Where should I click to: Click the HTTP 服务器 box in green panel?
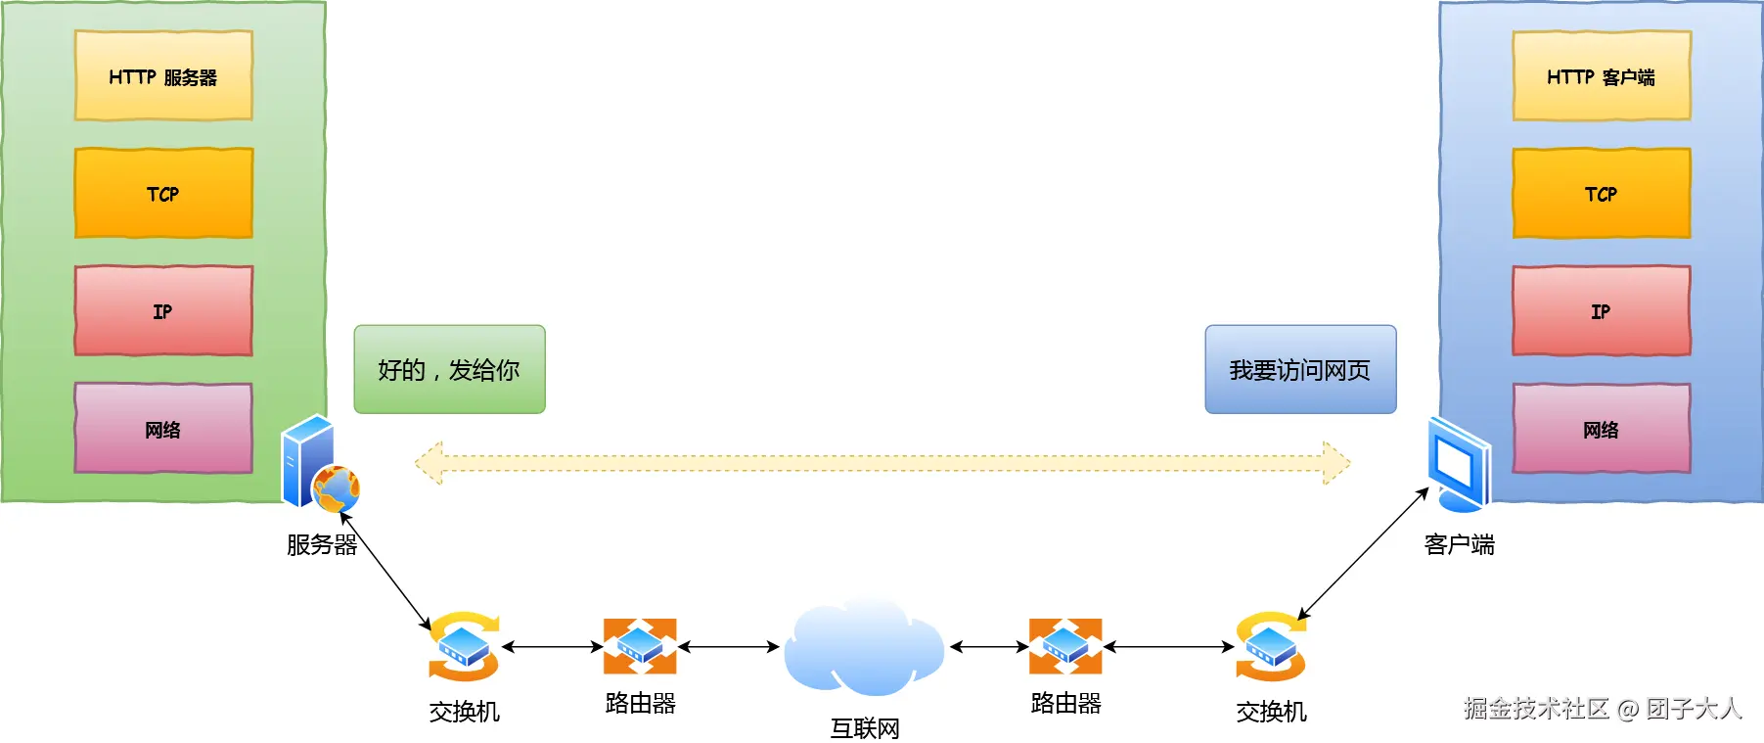pos(163,76)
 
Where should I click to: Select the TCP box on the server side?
pos(163,193)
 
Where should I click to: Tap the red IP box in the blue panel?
pos(1601,310)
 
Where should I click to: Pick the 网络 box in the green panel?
pos(163,428)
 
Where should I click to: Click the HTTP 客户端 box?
pos(1601,76)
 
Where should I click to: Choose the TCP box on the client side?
pos(1601,193)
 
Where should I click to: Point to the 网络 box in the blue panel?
pos(1601,428)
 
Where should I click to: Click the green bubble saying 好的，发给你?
pos(449,369)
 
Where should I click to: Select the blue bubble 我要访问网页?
pos(1299,369)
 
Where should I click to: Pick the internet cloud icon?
pos(863,647)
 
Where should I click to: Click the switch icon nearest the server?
pos(464,646)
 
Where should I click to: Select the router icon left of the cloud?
pos(640,646)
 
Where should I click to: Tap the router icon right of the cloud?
pos(1065,646)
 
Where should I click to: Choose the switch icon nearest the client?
pos(1270,646)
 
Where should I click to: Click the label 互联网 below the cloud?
pos(864,728)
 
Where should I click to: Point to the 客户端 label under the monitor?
pos(1459,544)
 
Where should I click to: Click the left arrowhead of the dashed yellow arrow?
pos(429,463)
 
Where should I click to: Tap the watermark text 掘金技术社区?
pos(1536,709)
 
